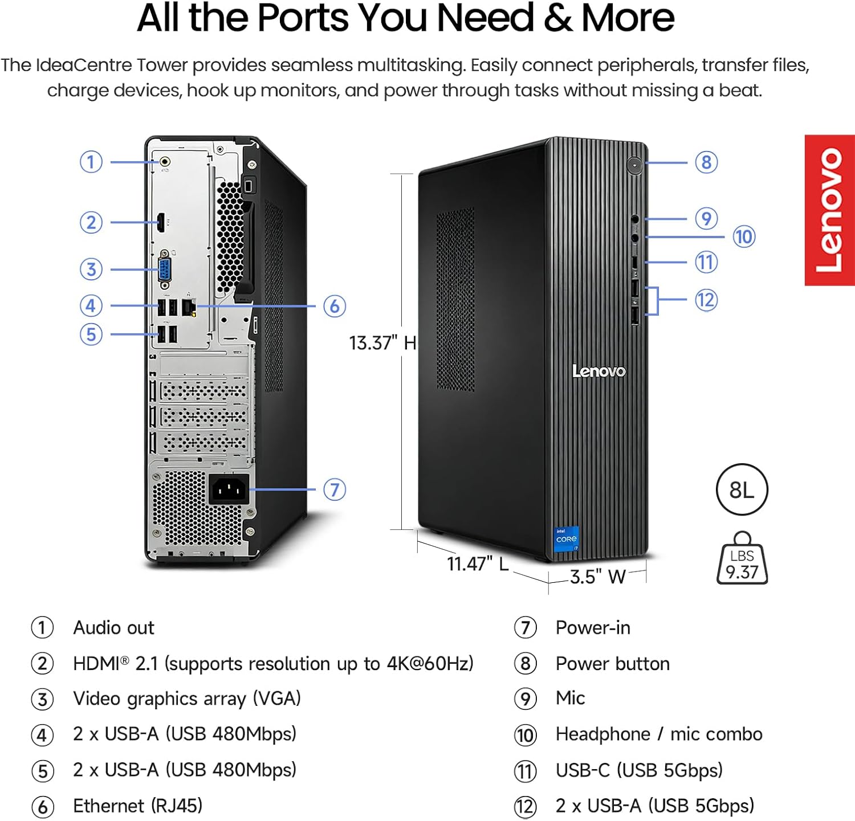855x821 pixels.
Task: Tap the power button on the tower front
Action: pos(634,165)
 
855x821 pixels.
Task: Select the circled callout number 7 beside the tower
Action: pos(335,489)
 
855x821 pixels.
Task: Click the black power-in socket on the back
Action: pos(229,489)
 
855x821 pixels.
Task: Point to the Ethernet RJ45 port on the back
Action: pos(189,307)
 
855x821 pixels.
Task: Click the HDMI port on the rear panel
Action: pos(161,222)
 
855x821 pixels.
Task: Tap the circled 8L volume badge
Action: pos(742,489)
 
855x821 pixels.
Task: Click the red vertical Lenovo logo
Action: pos(829,210)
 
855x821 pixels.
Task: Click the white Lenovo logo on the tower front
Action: pos(598,371)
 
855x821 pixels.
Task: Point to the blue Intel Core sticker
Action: pos(566,539)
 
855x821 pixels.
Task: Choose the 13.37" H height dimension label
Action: pos(382,343)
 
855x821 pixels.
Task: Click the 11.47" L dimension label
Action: pos(477,563)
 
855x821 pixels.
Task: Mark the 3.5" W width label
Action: pos(597,577)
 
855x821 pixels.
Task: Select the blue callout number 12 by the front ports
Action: pos(706,300)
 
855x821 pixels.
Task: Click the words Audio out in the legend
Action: pos(113,628)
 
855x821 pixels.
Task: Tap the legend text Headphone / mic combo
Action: pos(658,734)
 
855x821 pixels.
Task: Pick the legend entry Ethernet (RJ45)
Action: pos(137,806)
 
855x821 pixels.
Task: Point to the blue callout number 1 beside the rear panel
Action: pos(91,162)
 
